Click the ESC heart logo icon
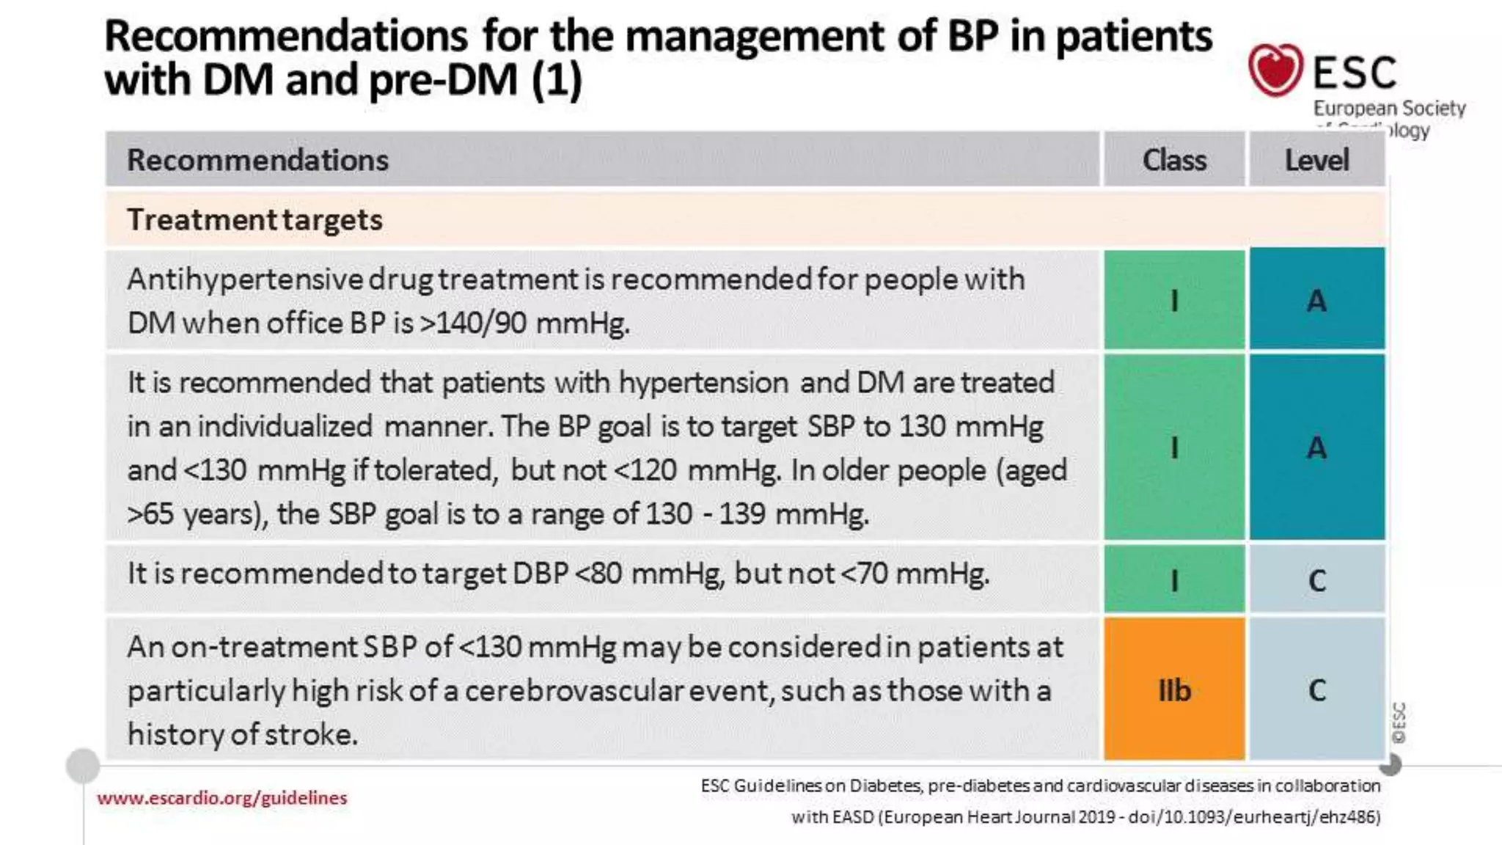coord(1275,70)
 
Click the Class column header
coord(1174,160)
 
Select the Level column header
coord(1316,160)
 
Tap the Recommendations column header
coord(257,160)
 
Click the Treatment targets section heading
coord(254,219)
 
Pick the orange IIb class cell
coord(1174,689)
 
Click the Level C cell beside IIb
coord(1317,689)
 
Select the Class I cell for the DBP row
coord(1174,580)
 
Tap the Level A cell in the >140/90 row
coord(1317,301)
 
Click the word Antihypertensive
coord(244,279)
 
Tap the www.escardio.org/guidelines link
coord(221,797)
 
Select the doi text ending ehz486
coord(1253,816)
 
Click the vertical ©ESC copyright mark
coord(1399,723)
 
